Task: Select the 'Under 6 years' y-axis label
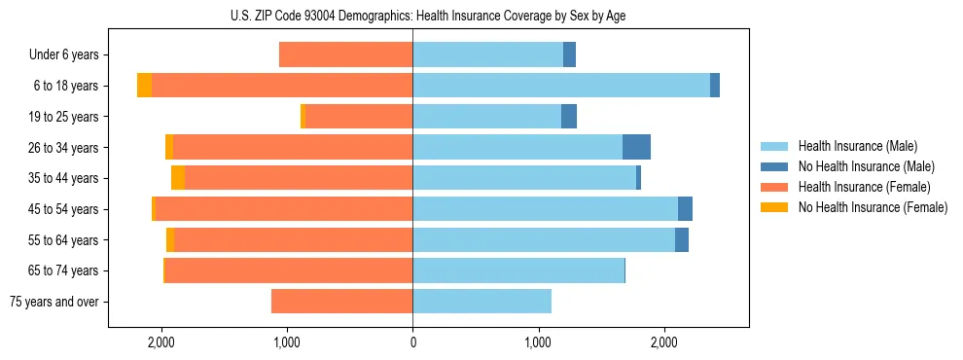coord(63,55)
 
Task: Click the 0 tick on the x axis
coord(412,342)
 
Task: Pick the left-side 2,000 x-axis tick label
coord(160,342)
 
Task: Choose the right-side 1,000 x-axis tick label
coord(538,342)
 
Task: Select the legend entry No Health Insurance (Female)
coord(873,207)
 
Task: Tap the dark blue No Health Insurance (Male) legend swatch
coord(775,166)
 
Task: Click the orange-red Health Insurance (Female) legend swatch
coord(775,187)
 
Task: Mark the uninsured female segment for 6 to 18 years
coord(144,86)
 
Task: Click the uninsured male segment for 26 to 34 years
coord(636,147)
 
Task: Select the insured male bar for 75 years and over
coord(481,302)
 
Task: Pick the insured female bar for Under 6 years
coord(345,55)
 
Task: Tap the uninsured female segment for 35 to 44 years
coord(178,178)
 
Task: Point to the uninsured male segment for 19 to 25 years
coord(569,117)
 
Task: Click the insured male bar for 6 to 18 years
coord(561,86)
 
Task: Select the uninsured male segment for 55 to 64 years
coord(682,239)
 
